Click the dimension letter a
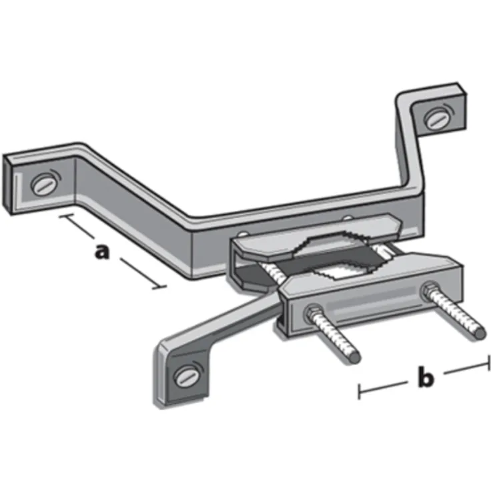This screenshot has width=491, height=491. [x=101, y=252]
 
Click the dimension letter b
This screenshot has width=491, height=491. [x=425, y=378]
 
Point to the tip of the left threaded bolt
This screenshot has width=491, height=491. [x=355, y=358]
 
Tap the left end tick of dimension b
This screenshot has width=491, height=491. [x=360, y=392]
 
